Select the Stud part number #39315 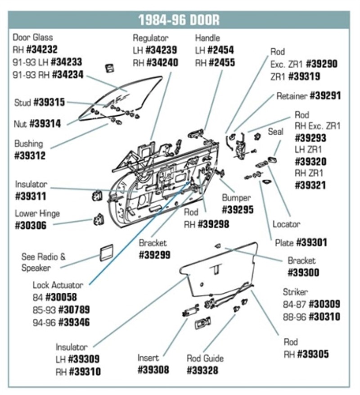[x=49, y=103]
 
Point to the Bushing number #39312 [x=31, y=156]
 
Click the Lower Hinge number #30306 [x=31, y=225]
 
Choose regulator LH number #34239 [x=161, y=50]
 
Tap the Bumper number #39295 [x=238, y=209]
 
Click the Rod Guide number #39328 [x=202, y=370]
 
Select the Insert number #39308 [x=153, y=370]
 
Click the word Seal [x=276, y=132]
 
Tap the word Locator [x=287, y=224]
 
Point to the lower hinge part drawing [x=99, y=220]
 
